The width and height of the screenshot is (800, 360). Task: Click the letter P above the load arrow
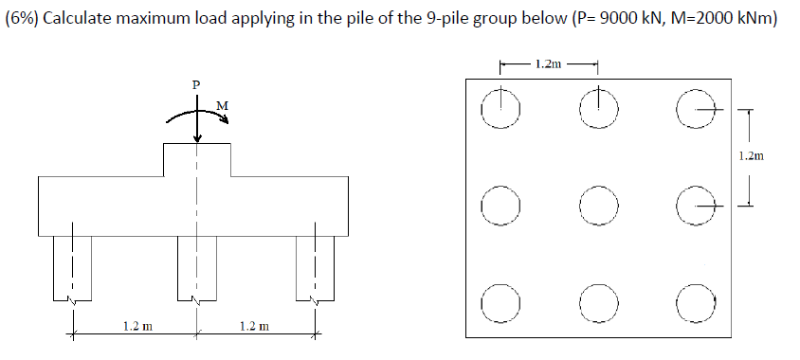pos(196,84)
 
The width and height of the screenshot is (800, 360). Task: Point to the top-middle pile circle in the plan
pos(597,109)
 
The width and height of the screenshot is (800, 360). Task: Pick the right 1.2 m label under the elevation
pos(254,326)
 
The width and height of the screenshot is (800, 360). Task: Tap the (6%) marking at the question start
pos(23,21)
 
